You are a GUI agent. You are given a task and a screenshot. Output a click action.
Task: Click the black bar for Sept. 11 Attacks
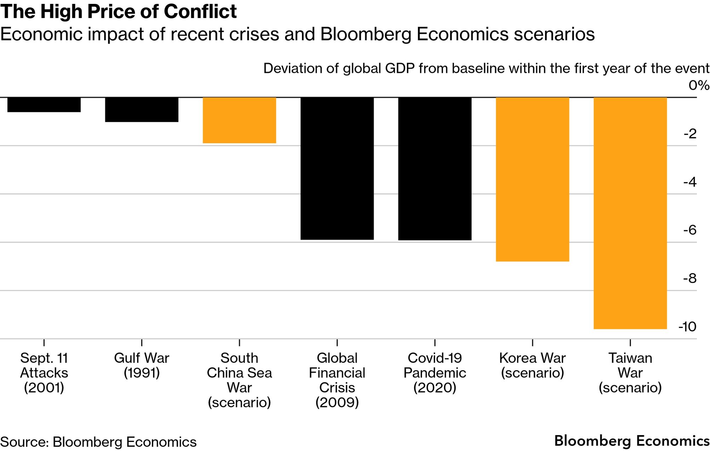(44, 105)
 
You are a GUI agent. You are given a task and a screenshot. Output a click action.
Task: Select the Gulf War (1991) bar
(142, 110)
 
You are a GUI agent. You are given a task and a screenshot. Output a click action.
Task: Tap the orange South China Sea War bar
(239, 120)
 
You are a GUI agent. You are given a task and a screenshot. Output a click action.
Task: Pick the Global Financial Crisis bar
(337, 168)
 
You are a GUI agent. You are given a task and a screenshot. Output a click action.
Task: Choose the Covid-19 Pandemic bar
(435, 169)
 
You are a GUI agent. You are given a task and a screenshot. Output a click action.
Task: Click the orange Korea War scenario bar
(533, 179)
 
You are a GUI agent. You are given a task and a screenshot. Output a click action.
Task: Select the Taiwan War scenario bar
(630, 213)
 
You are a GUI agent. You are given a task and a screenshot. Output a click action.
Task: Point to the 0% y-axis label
(699, 86)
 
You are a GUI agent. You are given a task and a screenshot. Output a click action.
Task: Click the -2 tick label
(690, 134)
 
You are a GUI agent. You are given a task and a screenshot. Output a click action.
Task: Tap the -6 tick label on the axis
(690, 230)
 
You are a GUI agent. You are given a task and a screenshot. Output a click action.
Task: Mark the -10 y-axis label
(687, 326)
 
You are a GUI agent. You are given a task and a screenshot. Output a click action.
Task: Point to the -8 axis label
(690, 279)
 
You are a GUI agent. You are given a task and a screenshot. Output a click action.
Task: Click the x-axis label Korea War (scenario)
(533, 365)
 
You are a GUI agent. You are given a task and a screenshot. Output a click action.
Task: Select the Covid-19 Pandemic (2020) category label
(435, 373)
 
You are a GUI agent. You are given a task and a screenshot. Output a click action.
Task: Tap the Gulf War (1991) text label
(142, 365)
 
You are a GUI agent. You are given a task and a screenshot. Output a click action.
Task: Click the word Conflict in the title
(200, 11)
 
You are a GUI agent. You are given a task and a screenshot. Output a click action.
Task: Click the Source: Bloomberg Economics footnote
(98, 442)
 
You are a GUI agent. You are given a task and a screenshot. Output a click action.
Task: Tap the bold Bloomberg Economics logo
(632, 441)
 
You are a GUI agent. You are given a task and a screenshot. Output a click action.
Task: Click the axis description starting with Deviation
(486, 68)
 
